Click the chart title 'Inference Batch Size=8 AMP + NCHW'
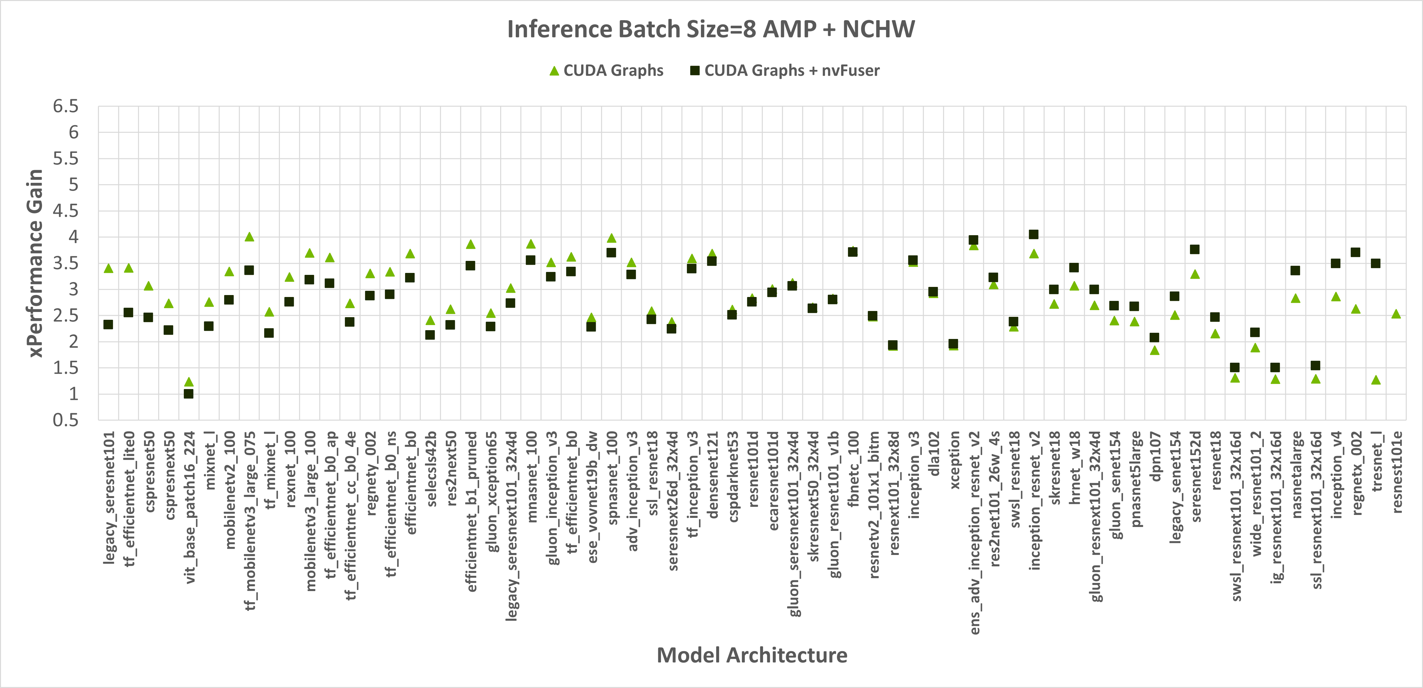pos(711,29)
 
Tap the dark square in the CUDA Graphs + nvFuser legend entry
pos(695,71)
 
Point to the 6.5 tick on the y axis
pos(66,106)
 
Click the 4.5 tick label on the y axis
pos(66,210)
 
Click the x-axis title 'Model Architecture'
pos(752,655)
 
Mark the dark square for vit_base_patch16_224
pos(188,394)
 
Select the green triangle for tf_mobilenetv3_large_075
pos(249,237)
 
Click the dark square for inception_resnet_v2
pos(1033,235)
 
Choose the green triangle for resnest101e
pos(1396,314)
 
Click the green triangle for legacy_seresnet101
pos(108,268)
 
